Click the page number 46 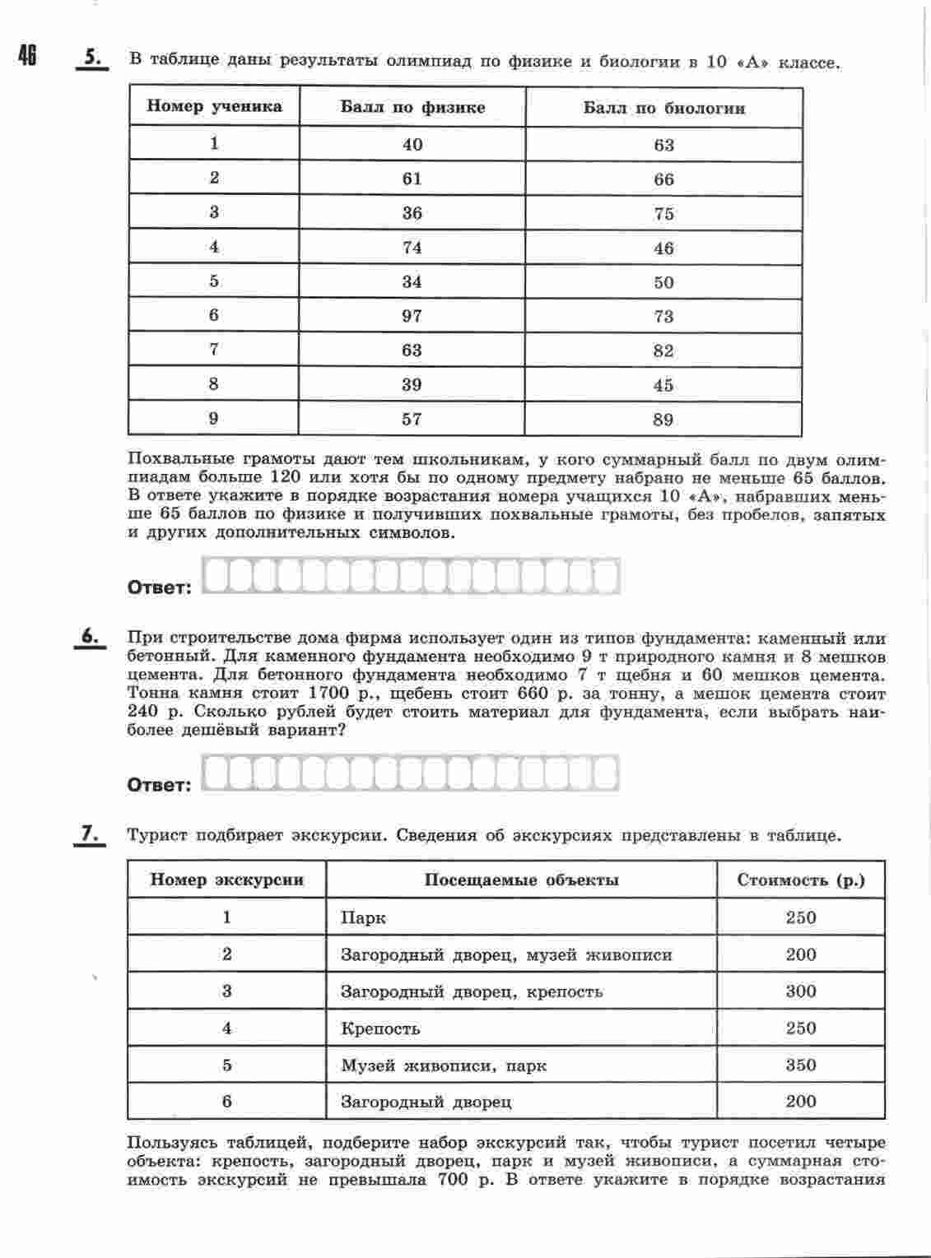click(27, 55)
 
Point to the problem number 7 click(90, 833)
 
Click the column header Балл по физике click(412, 108)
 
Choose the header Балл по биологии click(663, 108)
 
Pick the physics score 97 click(412, 316)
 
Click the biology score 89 click(663, 420)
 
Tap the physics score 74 click(412, 248)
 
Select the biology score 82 click(663, 351)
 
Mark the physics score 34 click(412, 282)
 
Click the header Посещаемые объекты click(521, 880)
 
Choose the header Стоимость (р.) click(801, 880)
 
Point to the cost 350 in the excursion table click(801, 1065)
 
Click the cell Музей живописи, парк click(444, 1065)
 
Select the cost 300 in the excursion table click(801, 991)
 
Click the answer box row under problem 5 click(411, 576)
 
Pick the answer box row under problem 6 click(411, 773)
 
